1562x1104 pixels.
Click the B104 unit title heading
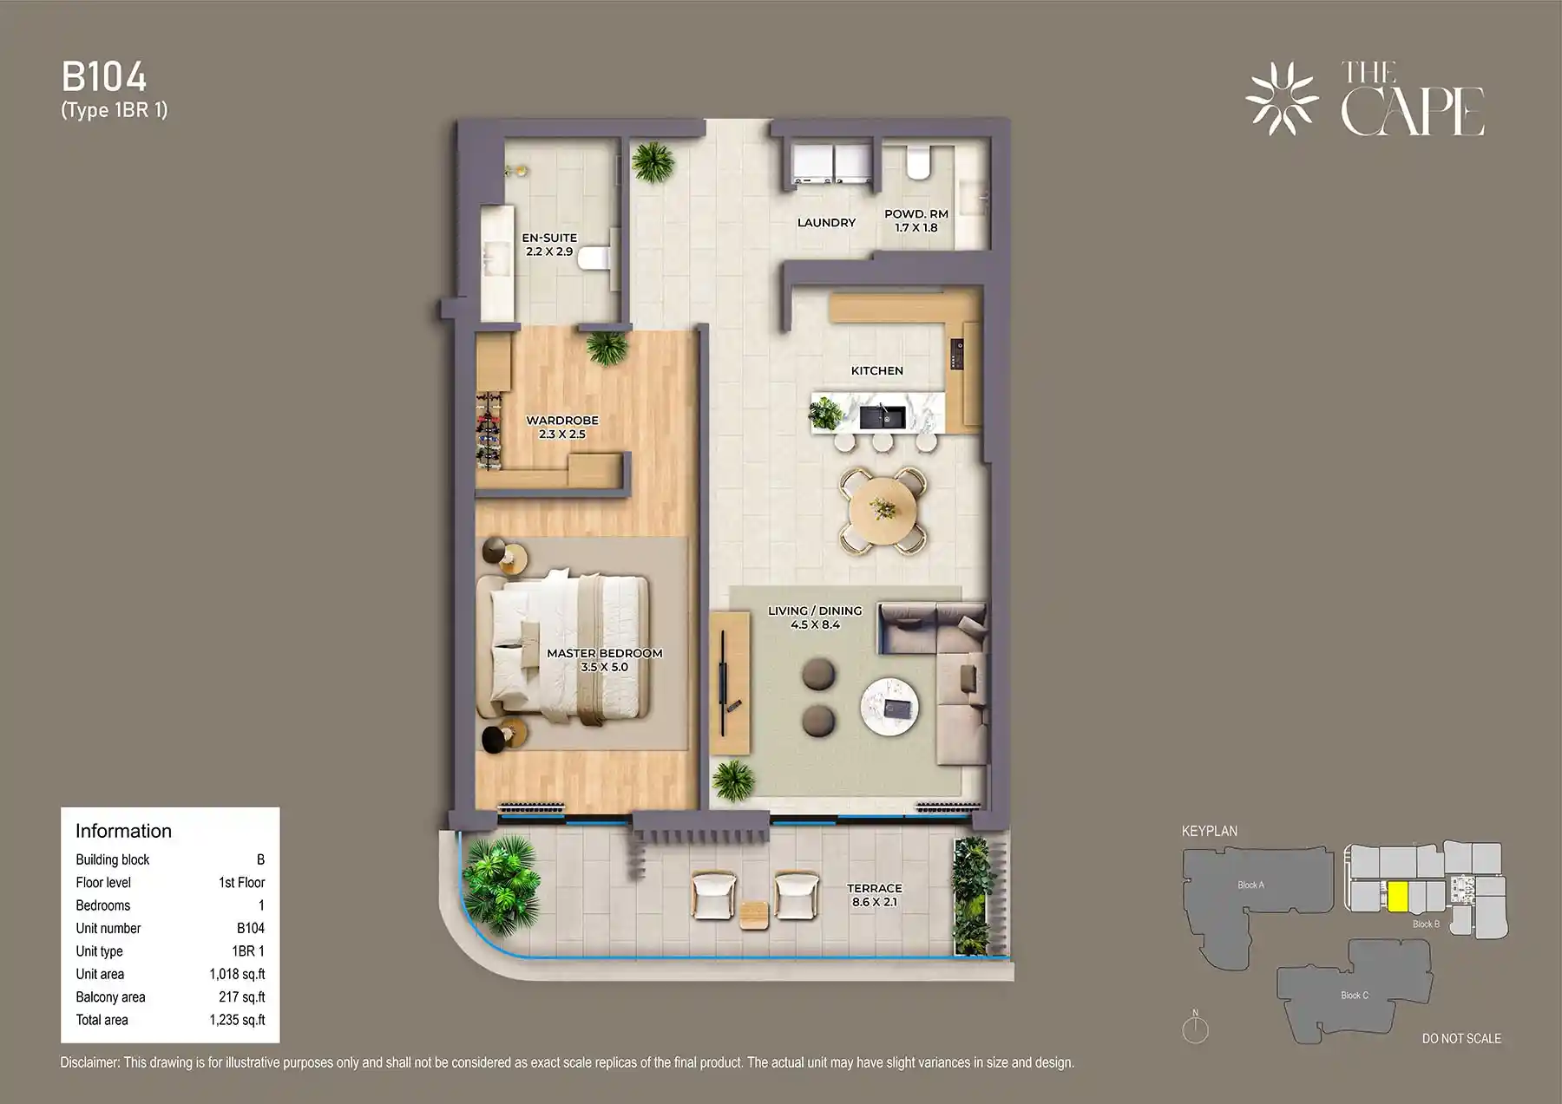click(104, 78)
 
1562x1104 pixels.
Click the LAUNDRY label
click(826, 223)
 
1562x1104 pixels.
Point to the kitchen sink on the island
click(883, 417)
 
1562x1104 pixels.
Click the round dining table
click(883, 510)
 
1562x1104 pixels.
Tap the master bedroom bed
click(568, 645)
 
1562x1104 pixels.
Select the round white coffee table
click(889, 707)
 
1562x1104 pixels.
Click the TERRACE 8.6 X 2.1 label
click(875, 895)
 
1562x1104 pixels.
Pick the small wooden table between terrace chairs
click(754, 914)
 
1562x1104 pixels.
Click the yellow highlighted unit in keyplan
click(1397, 896)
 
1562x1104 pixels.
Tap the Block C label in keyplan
click(1354, 995)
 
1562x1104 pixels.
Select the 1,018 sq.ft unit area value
click(237, 974)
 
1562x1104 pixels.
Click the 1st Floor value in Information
click(241, 882)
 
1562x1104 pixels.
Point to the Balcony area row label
click(110, 997)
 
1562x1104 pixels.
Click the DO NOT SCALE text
click(1461, 1038)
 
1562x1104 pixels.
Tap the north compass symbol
click(1195, 1029)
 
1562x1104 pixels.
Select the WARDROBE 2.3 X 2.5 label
click(562, 428)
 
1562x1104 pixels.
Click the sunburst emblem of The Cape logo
click(1282, 98)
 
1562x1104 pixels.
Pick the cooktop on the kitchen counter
click(957, 354)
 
